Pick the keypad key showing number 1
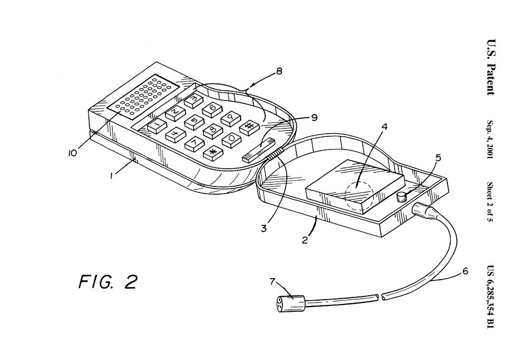coord(157,125)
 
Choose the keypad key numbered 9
coord(232,118)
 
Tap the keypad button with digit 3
coord(194,100)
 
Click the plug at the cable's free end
coord(290,302)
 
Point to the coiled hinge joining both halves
coord(273,156)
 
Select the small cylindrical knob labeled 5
coord(401,197)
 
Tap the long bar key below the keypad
coord(259,150)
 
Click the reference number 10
coord(72,153)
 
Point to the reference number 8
coord(279,71)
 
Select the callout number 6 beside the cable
coord(464,271)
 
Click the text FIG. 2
coord(108,282)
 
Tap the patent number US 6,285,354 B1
coord(490,296)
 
